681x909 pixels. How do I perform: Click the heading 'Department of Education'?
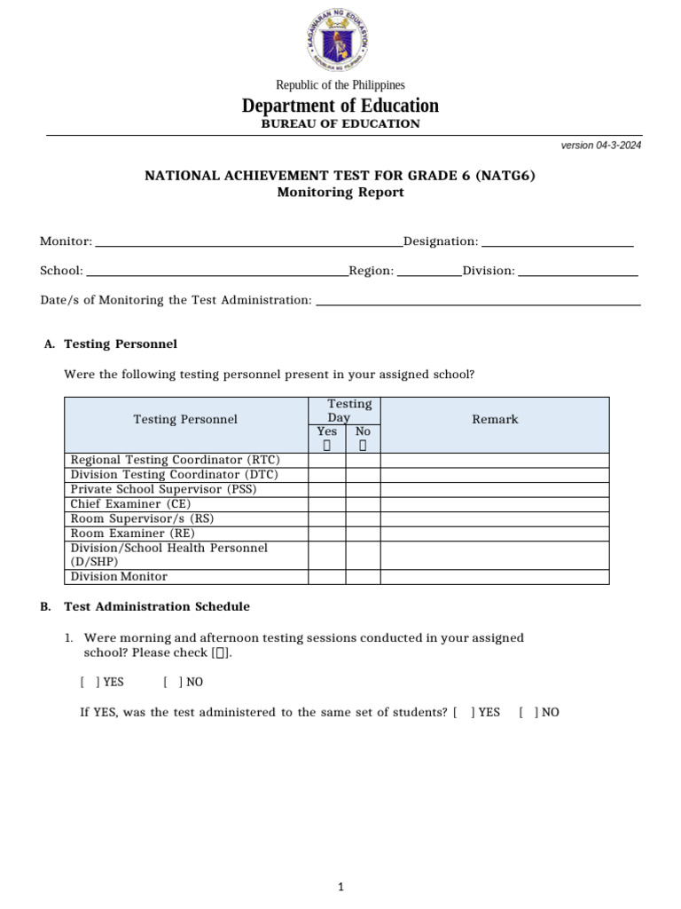point(340,106)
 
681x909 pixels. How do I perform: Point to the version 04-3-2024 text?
point(601,146)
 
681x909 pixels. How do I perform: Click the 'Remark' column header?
point(495,419)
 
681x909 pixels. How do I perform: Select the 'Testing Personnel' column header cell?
point(185,419)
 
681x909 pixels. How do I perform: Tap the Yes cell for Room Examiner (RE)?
point(326,534)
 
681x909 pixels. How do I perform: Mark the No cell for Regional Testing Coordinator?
point(363,460)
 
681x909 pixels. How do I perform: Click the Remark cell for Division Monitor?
point(495,577)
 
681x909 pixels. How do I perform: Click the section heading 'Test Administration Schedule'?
point(157,607)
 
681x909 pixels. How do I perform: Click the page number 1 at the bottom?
point(340,862)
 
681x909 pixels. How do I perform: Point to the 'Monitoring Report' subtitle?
point(340,193)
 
